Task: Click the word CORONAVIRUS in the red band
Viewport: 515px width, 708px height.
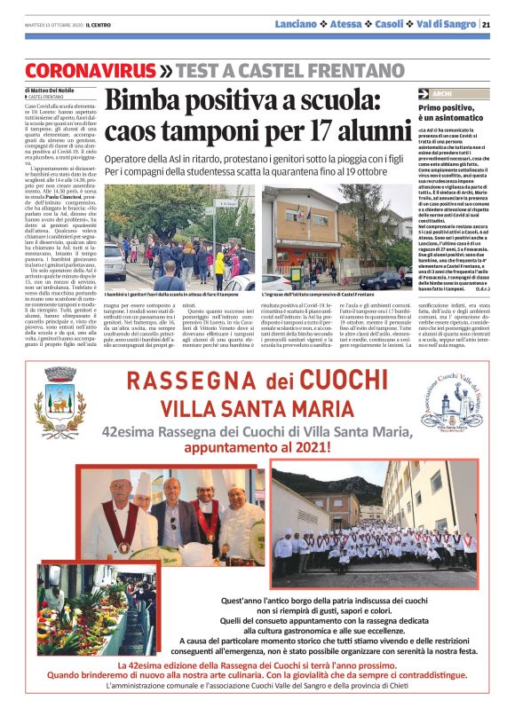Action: pos(90,69)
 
